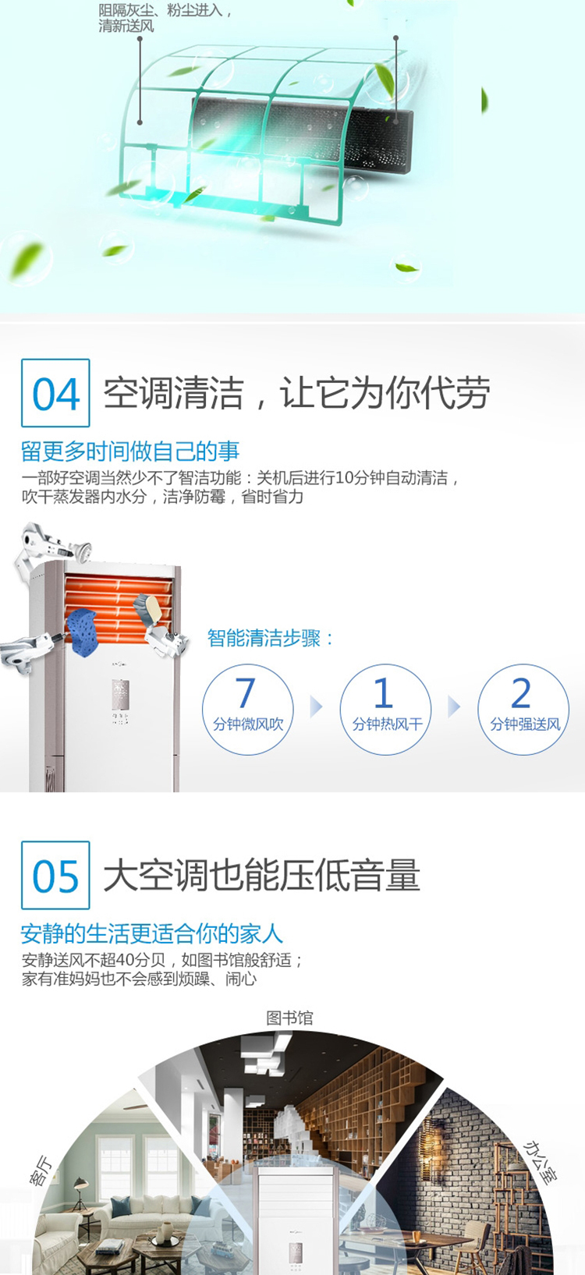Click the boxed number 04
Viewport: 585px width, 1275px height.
click(x=55, y=394)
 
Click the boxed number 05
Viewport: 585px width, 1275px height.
click(x=55, y=876)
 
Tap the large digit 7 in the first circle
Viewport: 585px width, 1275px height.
click(x=245, y=692)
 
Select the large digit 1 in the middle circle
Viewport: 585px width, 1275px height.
click(x=384, y=692)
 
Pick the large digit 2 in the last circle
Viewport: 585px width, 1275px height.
click(x=521, y=692)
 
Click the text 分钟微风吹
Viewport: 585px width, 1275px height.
click(x=248, y=724)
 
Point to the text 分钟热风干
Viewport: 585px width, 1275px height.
click(x=387, y=724)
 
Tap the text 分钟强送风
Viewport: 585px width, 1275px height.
click(x=525, y=724)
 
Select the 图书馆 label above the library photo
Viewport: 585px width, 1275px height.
click(x=289, y=1018)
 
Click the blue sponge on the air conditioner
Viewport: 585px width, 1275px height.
click(x=84, y=632)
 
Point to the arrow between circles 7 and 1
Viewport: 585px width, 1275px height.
click(x=316, y=707)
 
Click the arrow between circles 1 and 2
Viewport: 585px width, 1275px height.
click(x=453, y=707)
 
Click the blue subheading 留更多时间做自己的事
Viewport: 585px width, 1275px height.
click(x=130, y=452)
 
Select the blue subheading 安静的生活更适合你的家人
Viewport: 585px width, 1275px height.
click(x=152, y=933)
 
